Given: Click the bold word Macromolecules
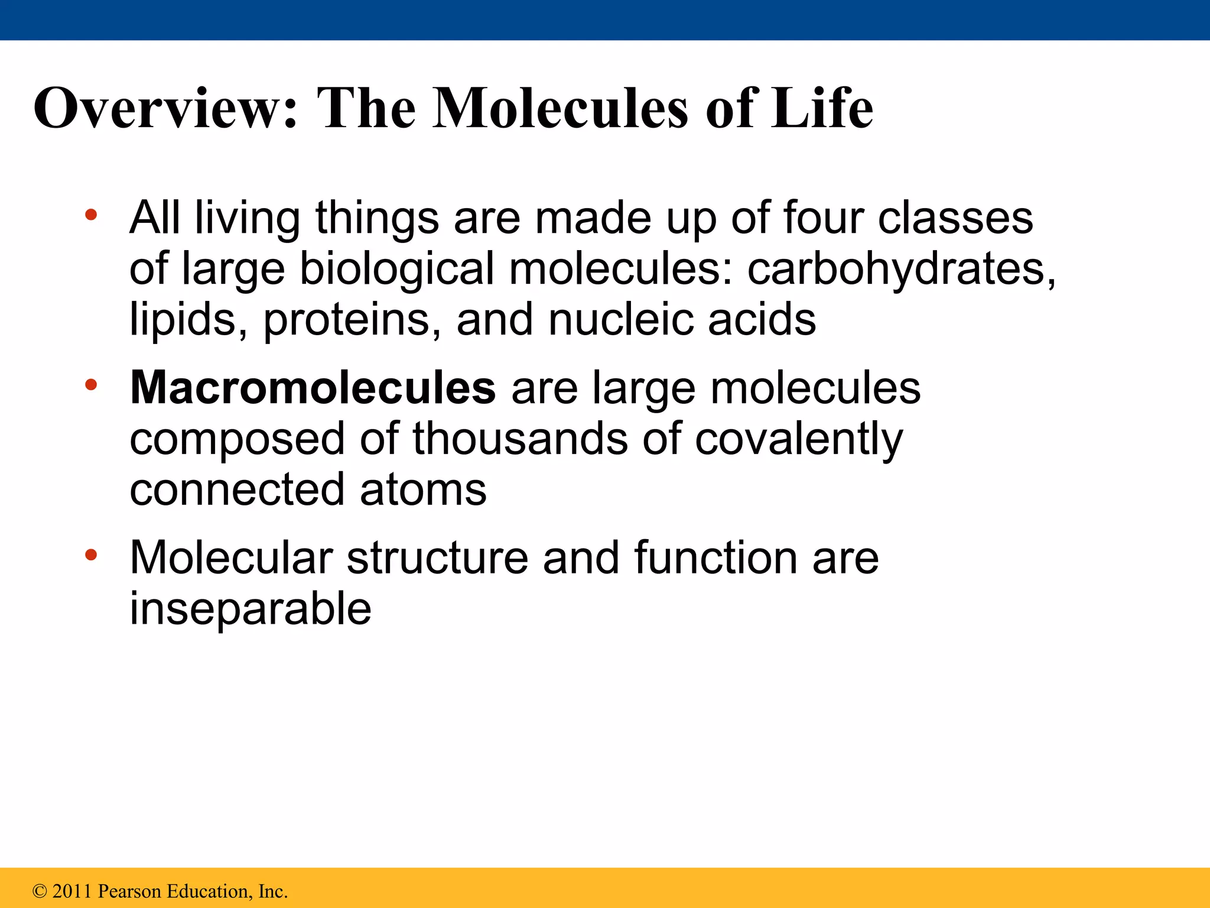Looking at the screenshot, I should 313,388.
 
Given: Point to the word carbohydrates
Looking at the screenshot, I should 900,270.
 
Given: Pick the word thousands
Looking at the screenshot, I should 520,440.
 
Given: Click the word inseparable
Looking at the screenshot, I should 251,609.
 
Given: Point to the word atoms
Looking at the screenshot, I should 423,490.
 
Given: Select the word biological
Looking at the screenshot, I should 396,270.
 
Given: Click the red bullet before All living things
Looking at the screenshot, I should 90,215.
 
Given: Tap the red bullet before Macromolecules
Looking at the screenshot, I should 90,385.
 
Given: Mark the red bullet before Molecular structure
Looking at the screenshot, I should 90,555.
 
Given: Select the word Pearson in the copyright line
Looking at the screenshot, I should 129,891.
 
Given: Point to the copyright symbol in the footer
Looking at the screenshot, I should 40,891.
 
